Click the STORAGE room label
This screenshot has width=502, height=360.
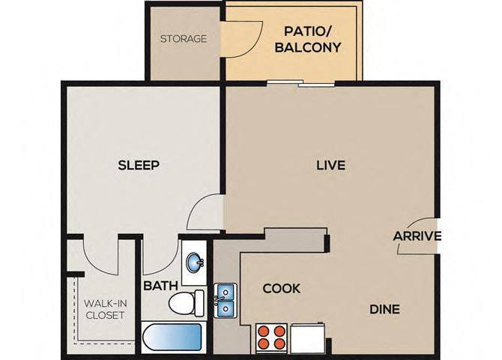183,38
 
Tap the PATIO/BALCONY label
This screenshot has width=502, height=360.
312,40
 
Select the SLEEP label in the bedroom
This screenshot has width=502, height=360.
139,165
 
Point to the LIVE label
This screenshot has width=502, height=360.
330,165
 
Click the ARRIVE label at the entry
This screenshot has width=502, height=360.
417,236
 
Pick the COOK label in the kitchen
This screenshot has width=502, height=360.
282,288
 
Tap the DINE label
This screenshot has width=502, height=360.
384,308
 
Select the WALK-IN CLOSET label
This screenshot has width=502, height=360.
105,308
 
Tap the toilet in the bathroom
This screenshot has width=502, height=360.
186,304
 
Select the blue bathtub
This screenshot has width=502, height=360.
172,338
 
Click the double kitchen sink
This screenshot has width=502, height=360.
226,301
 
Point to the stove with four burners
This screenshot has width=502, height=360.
272,337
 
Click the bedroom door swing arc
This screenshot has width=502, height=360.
204,212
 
